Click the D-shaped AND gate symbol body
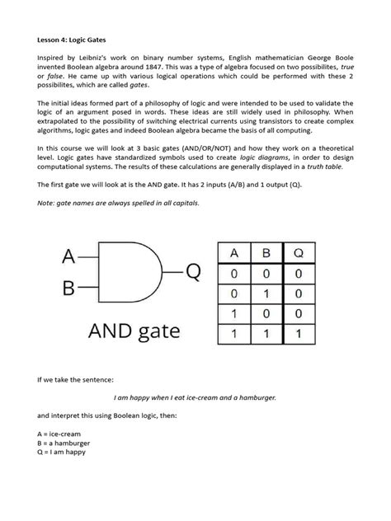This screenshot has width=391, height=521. [x=125, y=274]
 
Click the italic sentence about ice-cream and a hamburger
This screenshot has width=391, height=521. [x=195, y=397]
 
